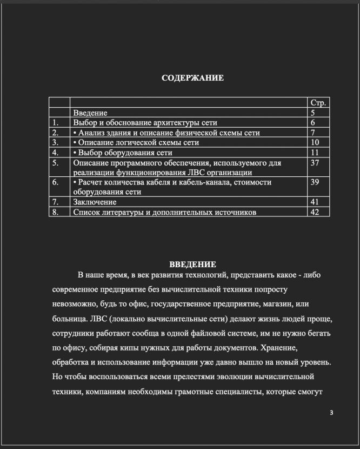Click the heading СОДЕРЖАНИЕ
193,78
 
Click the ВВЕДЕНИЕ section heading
193,265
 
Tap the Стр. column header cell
318,103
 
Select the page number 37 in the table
315,162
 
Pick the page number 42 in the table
315,212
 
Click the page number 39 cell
315,182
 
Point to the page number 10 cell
315,142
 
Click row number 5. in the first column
56,162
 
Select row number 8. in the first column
56,212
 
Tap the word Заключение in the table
95,202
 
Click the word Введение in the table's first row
90,113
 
